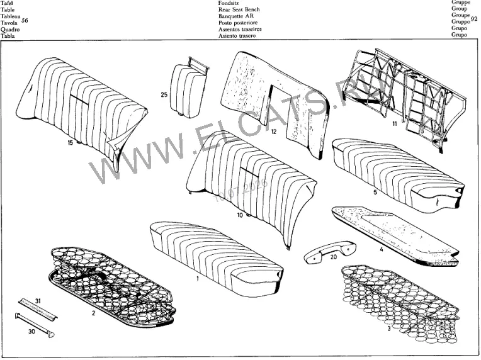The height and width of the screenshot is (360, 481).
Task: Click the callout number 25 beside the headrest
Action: (x=164, y=94)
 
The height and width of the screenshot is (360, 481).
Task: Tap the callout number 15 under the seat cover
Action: (x=71, y=143)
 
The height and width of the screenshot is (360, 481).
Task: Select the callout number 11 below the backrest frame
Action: (x=395, y=123)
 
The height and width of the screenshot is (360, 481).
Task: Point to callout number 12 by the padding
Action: (x=274, y=132)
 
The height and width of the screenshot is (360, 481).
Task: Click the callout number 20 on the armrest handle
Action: (x=334, y=256)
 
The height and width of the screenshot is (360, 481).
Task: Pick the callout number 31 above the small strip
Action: (x=38, y=301)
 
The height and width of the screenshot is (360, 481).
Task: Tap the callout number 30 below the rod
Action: (x=31, y=332)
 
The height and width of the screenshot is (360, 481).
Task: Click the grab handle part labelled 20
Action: (x=330, y=252)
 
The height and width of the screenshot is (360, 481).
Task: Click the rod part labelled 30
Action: (x=35, y=325)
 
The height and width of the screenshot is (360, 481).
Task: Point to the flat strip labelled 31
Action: (x=38, y=310)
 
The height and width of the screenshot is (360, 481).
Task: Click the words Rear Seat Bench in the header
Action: (x=239, y=9)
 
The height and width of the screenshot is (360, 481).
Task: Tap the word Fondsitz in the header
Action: (x=229, y=3)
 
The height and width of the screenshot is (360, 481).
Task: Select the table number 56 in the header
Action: (x=25, y=21)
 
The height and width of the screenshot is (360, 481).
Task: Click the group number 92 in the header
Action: (x=473, y=19)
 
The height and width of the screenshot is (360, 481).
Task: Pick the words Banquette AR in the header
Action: (x=236, y=16)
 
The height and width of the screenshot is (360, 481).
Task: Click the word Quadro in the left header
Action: (x=10, y=30)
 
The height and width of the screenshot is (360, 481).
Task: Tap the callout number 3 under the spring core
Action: (x=389, y=329)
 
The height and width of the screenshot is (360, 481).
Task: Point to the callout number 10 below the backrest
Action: (x=240, y=215)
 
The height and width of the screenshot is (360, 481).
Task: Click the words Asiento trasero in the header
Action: (x=237, y=36)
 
